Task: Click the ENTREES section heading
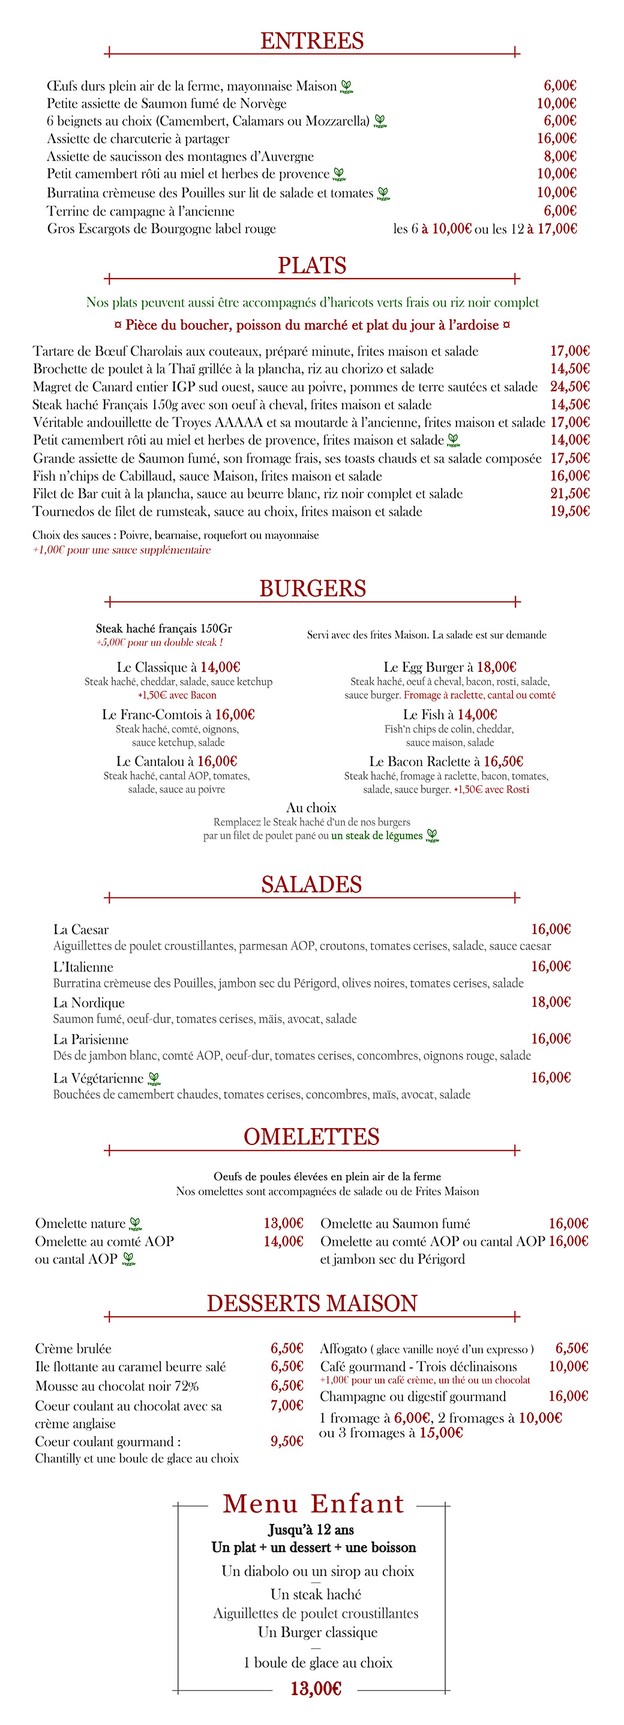click(312, 41)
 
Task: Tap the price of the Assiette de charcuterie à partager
click(556, 139)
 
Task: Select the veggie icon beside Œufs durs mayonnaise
click(346, 86)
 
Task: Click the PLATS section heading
click(312, 266)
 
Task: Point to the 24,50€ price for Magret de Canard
click(570, 387)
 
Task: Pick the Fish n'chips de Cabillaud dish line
click(208, 476)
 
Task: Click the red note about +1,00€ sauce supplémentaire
click(122, 550)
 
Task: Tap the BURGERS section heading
click(313, 588)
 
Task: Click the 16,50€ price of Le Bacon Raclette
click(503, 761)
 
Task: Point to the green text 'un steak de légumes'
click(377, 836)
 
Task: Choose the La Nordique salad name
click(89, 1003)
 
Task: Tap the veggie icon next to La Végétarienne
click(154, 1079)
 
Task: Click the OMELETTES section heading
click(312, 1137)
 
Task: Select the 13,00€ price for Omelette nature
click(283, 1224)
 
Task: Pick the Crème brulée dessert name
click(74, 1349)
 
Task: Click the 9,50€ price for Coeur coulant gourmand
click(287, 1442)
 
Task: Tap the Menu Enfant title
click(313, 1504)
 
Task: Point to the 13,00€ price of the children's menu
click(316, 1689)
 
